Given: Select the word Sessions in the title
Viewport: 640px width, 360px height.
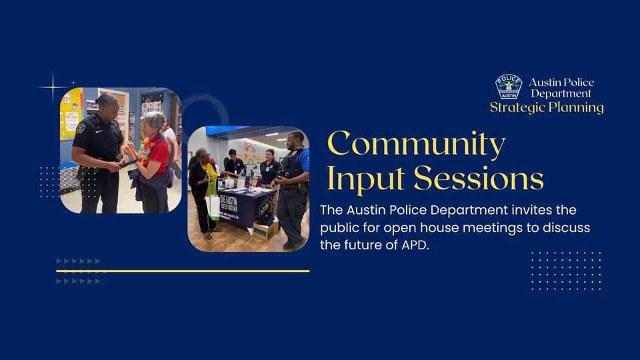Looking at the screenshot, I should tap(479, 178).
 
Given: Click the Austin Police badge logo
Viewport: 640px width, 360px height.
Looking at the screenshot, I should tap(508, 87).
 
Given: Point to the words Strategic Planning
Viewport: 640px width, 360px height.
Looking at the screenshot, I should tap(547, 107).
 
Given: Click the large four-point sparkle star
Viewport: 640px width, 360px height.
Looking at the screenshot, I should tap(53, 87).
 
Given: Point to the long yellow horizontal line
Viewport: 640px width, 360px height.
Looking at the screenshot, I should tap(183, 271).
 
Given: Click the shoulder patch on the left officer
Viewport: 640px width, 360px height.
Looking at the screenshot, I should tap(81, 127).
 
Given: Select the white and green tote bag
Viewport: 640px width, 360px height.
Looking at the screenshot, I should tap(213, 203).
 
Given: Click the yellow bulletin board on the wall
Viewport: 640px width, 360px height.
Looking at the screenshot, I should tap(71, 113).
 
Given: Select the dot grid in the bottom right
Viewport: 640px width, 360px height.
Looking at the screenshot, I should tap(566, 270).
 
